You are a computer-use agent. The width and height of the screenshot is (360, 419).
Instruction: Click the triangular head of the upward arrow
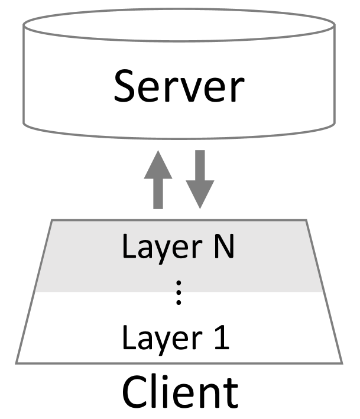pos(158,165)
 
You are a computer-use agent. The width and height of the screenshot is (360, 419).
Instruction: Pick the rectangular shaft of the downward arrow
pos(200,165)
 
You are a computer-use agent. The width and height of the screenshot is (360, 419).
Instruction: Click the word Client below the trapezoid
pos(180,391)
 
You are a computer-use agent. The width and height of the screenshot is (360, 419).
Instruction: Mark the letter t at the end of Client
pos(230,391)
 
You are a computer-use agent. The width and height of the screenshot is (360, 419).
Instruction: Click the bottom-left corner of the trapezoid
pos(17,362)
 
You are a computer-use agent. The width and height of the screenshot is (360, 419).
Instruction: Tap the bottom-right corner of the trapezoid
pos(342,362)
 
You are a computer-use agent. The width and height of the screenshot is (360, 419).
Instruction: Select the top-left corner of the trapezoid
pos(52,221)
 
